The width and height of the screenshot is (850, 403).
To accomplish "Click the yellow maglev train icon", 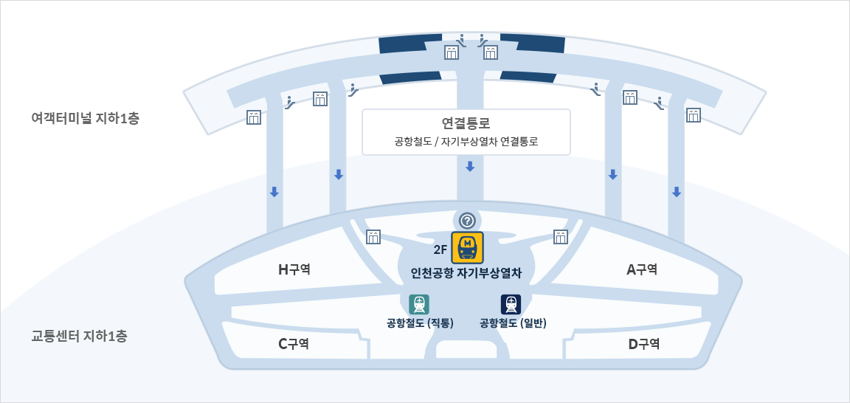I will pyautogui.click(x=467, y=247).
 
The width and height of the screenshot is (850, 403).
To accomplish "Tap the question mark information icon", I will pyautogui.click(x=466, y=220).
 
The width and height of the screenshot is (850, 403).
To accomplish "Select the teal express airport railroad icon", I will pyautogui.click(x=419, y=304).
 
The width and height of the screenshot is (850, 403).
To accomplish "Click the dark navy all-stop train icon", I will pyautogui.click(x=511, y=304).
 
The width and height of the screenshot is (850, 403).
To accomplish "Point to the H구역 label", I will pyautogui.click(x=294, y=270).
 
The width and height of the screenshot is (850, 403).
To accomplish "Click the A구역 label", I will pyautogui.click(x=642, y=270).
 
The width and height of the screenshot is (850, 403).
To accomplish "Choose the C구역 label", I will pyautogui.click(x=293, y=343).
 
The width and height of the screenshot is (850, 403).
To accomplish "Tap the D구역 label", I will pyautogui.click(x=643, y=343).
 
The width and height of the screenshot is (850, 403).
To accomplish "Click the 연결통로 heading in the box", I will pyautogui.click(x=466, y=123).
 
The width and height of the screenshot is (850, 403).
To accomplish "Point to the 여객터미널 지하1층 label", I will pyautogui.click(x=75, y=117).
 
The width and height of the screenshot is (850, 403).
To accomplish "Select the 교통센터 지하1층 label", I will pyautogui.click(x=79, y=336).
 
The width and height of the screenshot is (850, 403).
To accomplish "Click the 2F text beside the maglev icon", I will pyautogui.click(x=440, y=249).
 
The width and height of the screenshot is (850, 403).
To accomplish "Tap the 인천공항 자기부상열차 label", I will pyautogui.click(x=466, y=273).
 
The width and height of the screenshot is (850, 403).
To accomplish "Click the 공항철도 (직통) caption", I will pyautogui.click(x=420, y=323).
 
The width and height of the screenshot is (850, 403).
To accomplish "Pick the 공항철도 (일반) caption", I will pyautogui.click(x=513, y=323).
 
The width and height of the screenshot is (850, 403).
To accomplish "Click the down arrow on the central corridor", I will pyautogui.click(x=470, y=167).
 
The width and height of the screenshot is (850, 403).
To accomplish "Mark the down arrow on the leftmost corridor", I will pyautogui.click(x=274, y=192).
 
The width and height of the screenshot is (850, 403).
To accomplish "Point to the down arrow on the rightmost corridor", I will pyautogui.click(x=676, y=192).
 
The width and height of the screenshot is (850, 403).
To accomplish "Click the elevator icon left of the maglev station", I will pyautogui.click(x=373, y=236).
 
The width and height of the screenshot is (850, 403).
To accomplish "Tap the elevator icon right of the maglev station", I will pyautogui.click(x=561, y=236).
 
